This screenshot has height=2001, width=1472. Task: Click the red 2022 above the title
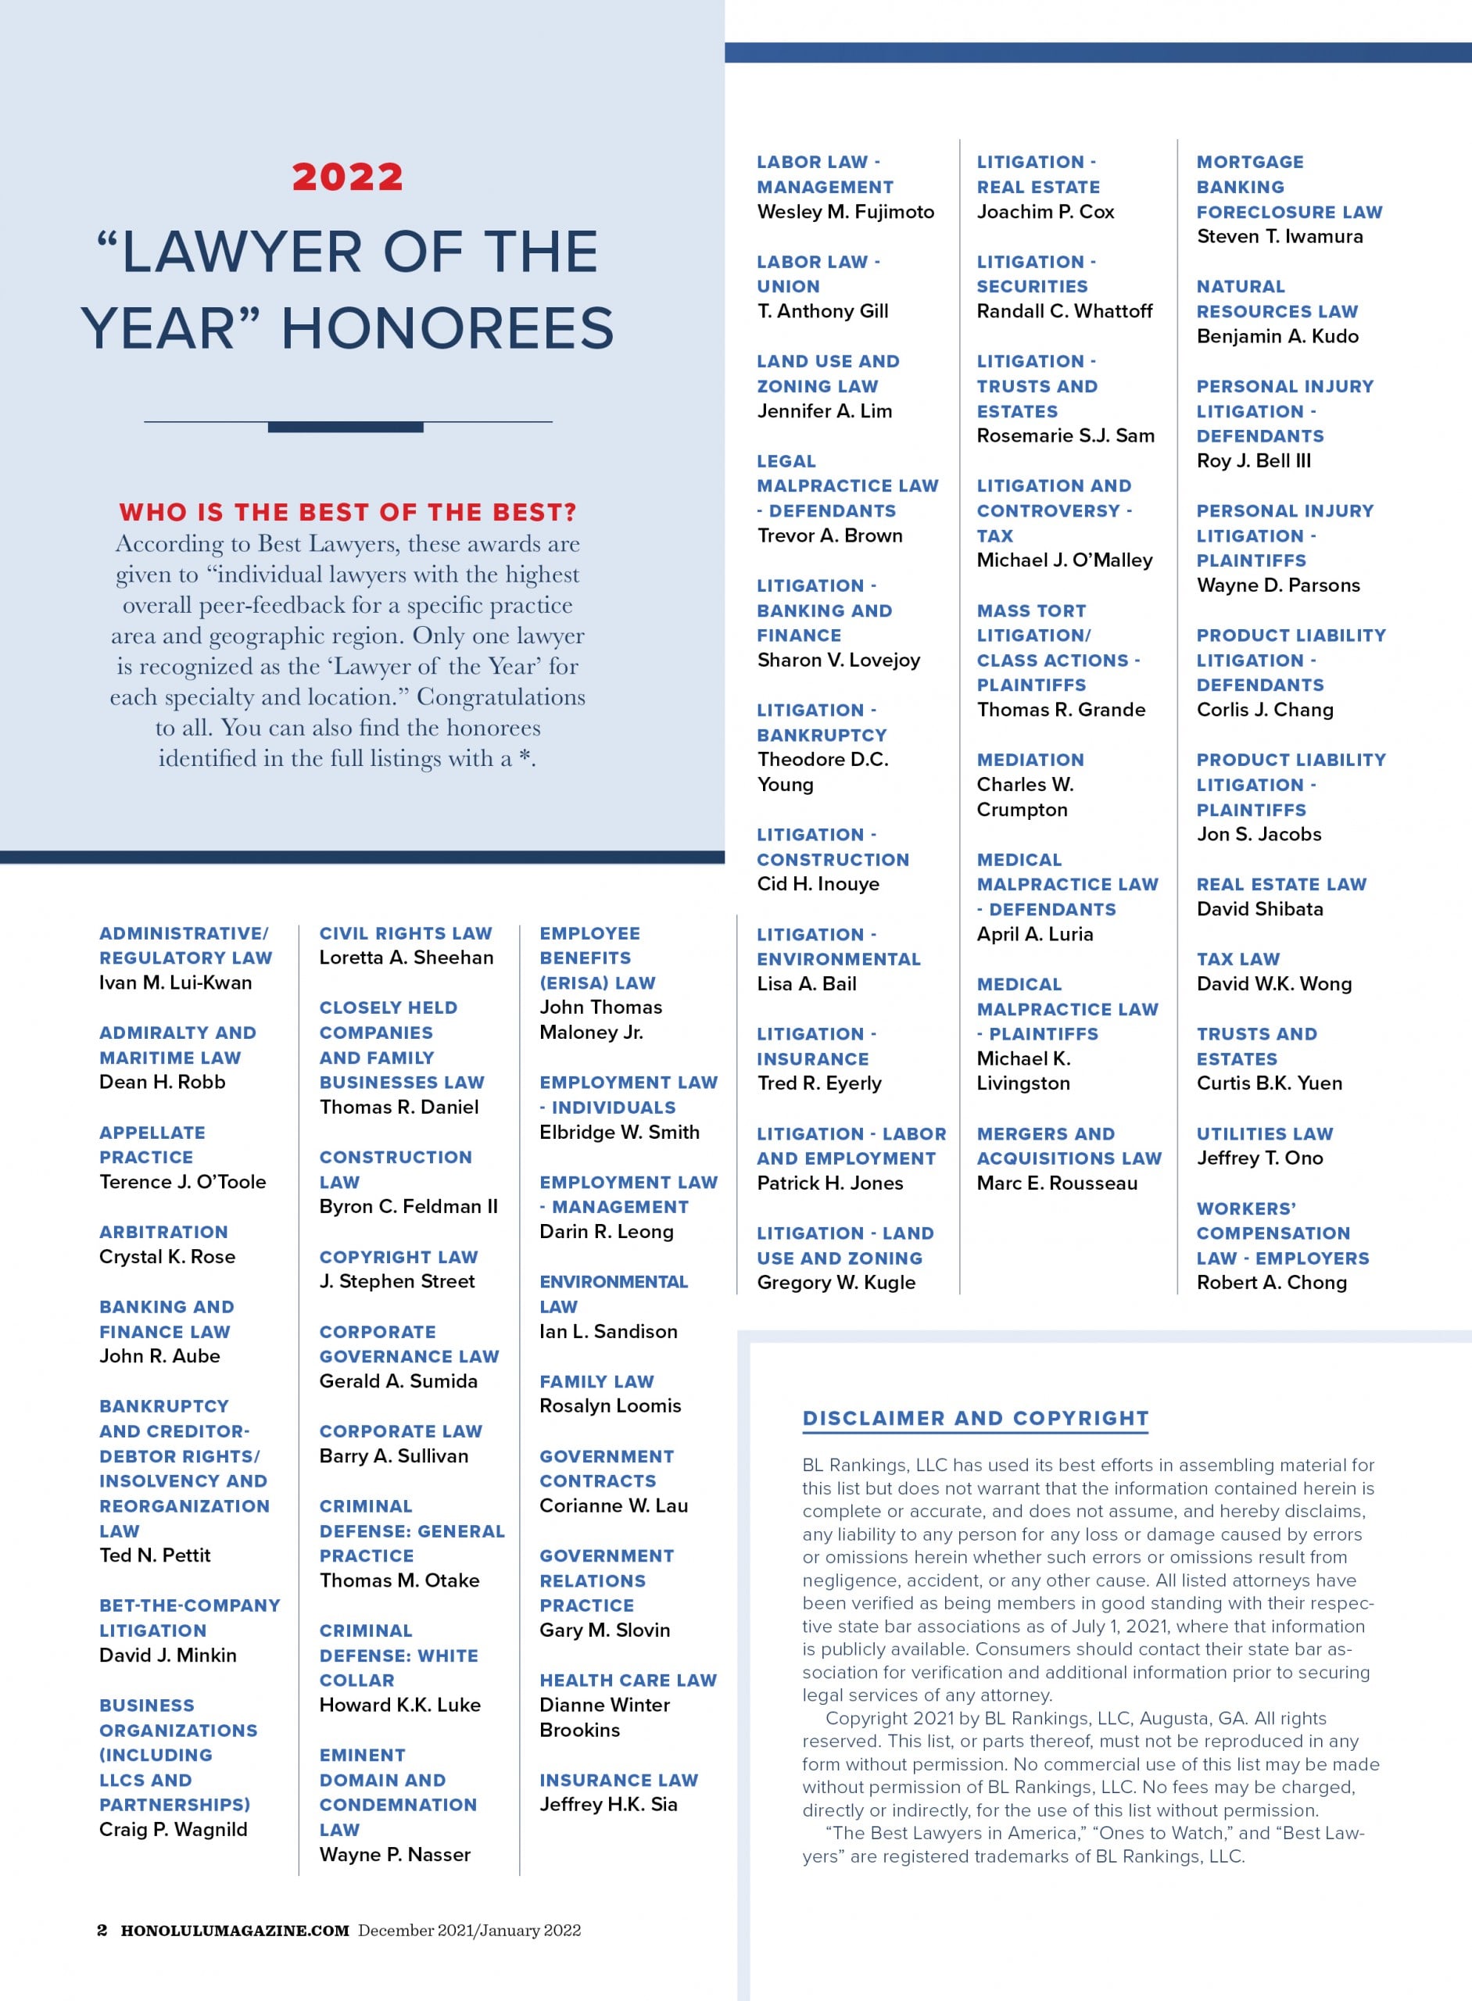click(x=348, y=177)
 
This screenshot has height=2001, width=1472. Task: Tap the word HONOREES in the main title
click(x=447, y=328)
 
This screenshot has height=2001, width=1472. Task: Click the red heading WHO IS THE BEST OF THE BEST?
click(x=348, y=512)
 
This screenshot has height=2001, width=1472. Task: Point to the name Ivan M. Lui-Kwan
click(x=176, y=982)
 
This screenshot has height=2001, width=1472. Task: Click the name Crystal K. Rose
click(x=167, y=1256)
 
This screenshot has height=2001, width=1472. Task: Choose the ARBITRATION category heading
click(x=164, y=1231)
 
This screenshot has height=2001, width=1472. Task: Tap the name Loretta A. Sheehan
click(x=407, y=957)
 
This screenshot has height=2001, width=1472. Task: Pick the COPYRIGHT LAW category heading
click(x=399, y=1256)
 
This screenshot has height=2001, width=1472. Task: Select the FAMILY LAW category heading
click(x=596, y=1381)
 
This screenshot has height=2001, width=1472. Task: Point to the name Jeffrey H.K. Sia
click(x=609, y=1804)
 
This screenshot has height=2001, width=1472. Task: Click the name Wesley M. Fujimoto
click(x=846, y=211)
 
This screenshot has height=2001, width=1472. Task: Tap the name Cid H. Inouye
click(x=818, y=884)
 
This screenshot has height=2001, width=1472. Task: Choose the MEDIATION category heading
click(x=1030, y=759)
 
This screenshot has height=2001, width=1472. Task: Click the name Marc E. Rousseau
click(x=1057, y=1183)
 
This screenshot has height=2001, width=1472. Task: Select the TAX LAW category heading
click(x=1237, y=958)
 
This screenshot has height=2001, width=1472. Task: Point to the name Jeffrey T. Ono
click(x=1260, y=1158)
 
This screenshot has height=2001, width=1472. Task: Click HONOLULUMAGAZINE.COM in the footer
click(x=235, y=1930)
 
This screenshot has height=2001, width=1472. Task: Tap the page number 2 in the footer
click(x=102, y=1930)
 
